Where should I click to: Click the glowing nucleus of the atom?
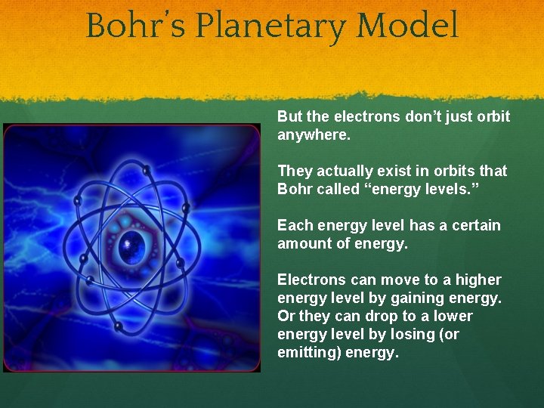pos(133,243)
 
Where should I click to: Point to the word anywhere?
pos(314,135)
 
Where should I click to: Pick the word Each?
pos(293,225)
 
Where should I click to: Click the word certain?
pos(474,225)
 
